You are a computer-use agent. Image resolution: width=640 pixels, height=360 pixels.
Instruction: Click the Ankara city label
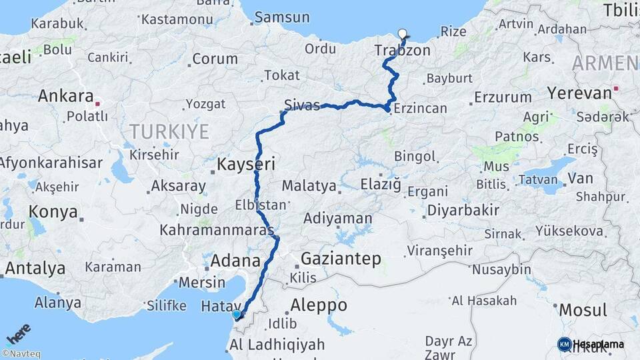point(65,95)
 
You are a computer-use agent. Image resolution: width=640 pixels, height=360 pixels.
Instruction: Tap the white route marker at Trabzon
point(402,34)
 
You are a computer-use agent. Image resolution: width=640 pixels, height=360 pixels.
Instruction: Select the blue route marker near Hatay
point(236,314)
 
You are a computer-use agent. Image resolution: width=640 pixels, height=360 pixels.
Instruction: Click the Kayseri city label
point(246,163)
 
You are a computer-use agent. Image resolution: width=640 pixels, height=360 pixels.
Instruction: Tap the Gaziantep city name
point(341,258)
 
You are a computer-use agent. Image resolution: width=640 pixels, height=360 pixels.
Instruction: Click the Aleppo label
point(319,305)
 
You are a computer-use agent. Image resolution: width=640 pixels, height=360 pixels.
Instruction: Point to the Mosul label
point(583,309)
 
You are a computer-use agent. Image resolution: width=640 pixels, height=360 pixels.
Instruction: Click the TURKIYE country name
point(169,131)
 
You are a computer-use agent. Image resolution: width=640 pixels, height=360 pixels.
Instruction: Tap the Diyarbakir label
point(463,210)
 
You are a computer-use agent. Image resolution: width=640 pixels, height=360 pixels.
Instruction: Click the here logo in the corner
point(18,333)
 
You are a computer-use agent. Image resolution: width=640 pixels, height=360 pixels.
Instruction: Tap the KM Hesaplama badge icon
point(564,344)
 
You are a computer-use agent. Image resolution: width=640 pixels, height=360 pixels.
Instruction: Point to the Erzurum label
point(503,97)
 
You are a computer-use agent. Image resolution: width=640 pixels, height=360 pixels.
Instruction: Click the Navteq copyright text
point(21,354)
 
